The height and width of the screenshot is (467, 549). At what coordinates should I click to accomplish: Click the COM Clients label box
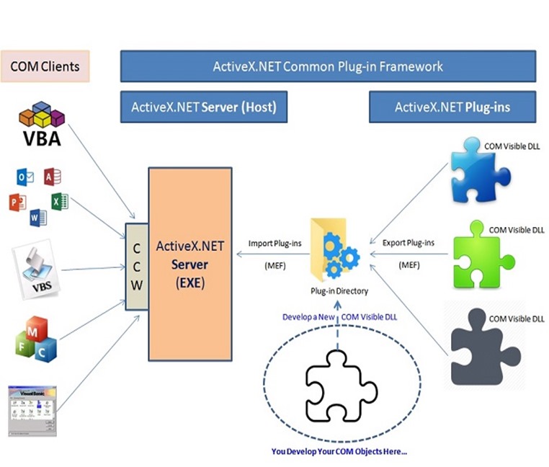pyautogui.click(x=45, y=66)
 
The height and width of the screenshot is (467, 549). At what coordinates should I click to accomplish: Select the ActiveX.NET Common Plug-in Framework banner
pyautogui.click(x=328, y=66)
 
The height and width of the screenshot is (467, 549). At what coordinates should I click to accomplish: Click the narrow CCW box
pyautogui.click(x=136, y=266)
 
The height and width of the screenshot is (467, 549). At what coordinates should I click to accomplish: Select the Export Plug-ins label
pyautogui.click(x=409, y=244)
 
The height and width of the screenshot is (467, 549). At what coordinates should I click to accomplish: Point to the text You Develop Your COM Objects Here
pyautogui.click(x=339, y=452)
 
